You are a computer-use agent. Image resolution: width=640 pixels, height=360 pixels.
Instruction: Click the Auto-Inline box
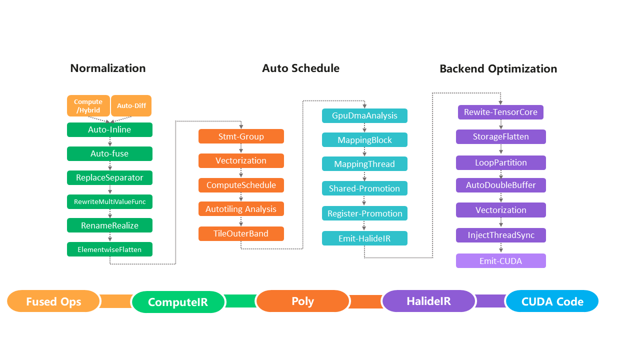tap(109, 130)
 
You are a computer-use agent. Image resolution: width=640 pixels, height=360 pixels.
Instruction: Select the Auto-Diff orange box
tap(131, 106)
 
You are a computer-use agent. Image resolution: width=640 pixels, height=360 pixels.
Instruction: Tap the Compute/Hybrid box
tap(88, 106)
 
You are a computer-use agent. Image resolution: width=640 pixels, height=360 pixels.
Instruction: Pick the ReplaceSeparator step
tap(109, 177)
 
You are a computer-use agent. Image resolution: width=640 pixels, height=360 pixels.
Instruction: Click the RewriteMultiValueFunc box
tap(109, 201)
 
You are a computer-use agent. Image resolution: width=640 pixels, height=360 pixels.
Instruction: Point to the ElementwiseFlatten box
tap(109, 249)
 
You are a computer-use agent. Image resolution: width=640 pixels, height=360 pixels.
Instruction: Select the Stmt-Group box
tap(241, 136)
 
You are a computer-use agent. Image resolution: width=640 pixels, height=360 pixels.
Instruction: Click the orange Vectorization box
tap(241, 160)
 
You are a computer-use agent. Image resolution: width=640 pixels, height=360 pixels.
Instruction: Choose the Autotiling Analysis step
tap(241, 209)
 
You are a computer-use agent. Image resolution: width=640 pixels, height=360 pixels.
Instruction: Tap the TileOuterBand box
tap(241, 233)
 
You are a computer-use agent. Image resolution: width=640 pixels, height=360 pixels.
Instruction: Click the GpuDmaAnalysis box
tap(364, 115)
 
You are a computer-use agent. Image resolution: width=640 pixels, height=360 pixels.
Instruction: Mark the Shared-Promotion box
tap(364, 188)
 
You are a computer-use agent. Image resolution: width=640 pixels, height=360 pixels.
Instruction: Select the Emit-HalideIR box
tap(364, 238)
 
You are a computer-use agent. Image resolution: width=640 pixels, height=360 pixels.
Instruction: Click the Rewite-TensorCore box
tap(500, 112)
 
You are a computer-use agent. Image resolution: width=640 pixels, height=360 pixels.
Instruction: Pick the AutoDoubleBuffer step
tap(500, 185)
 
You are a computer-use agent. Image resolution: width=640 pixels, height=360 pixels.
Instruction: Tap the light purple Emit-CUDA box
tap(500, 260)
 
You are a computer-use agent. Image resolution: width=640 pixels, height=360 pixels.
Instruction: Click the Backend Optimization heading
tap(498, 69)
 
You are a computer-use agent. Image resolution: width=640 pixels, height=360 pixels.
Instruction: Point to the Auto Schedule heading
tap(300, 68)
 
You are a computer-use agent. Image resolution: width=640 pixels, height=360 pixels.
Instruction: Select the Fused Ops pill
tap(53, 301)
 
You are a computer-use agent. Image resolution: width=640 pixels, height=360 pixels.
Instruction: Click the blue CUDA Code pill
tap(552, 301)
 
